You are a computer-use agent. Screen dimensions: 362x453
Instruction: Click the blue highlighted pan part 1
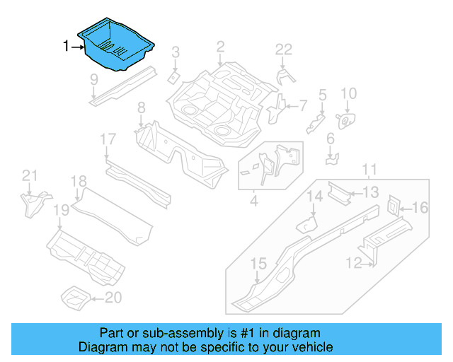(x=117, y=44)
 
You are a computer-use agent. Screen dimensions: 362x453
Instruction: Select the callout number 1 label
(x=67, y=47)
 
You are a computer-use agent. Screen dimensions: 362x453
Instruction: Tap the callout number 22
(x=283, y=49)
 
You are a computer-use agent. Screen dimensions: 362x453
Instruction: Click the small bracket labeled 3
(x=172, y=75)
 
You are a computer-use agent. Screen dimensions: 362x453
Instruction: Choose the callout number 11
(x=369, y=169)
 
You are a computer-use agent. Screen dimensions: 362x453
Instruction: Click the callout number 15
(x=259, y=264)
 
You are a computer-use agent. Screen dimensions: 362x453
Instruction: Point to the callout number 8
(x=141, y=107)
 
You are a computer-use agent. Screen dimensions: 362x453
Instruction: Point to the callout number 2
(x=220, y=47)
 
